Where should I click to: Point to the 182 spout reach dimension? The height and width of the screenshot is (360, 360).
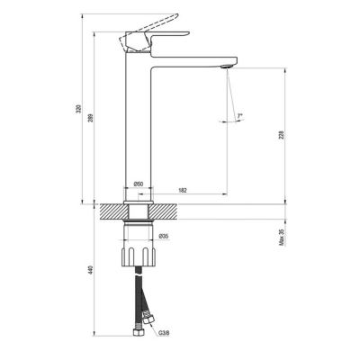[x=183, y=190]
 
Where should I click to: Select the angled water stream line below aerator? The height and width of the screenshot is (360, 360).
[x=230, y=99]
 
